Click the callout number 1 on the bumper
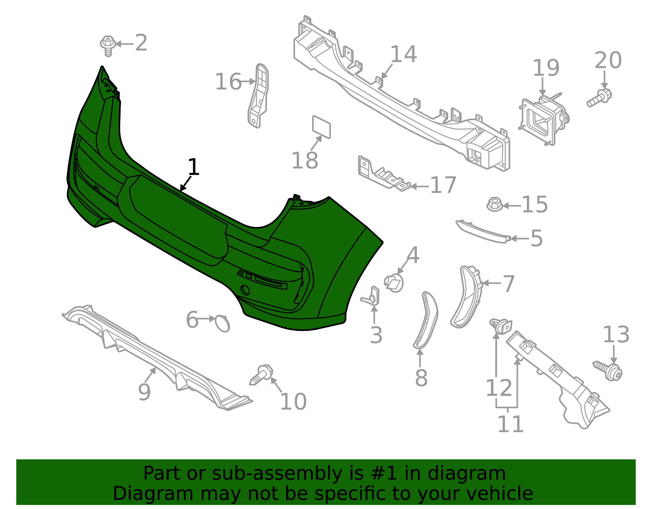pos(194,167)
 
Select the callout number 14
pos(403,54)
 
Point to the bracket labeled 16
pos(258,96)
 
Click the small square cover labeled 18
pos(322,127)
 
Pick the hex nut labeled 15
pos(494,204)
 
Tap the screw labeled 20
pos(599,97)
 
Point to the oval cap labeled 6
pos(222,324)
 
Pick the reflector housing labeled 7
pos(466,296)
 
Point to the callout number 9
pos(144,392)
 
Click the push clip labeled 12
pos(501,326)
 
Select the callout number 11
pos(510,424)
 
